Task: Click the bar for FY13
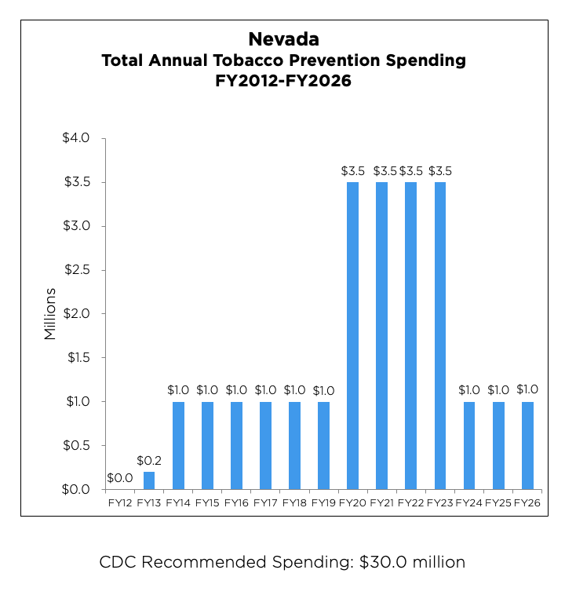(149, 480)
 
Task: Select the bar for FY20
(352, 336)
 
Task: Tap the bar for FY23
(439, 336)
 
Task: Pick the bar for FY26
(527, 446)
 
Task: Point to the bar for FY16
(236, 446)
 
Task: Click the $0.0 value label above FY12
(119, 477)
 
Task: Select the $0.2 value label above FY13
(149, 460)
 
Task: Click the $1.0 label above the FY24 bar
(469, 390)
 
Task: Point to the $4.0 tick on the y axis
(77, 138)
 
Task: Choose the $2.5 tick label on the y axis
(77, 270)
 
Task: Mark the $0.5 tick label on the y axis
(77, 445)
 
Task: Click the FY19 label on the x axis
(323, 501)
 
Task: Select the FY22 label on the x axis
(410, 501)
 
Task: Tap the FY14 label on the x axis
(178, 501)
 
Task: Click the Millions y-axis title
(50, 314)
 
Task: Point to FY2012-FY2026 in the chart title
(283, 81)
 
